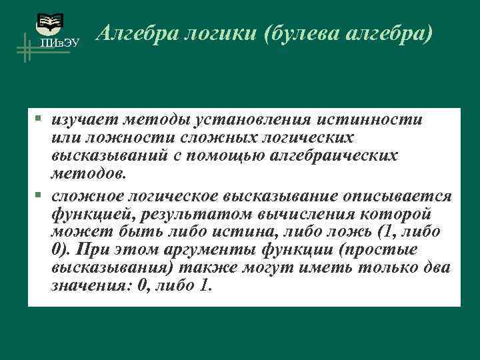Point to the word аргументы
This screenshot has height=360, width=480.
point(186,250)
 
